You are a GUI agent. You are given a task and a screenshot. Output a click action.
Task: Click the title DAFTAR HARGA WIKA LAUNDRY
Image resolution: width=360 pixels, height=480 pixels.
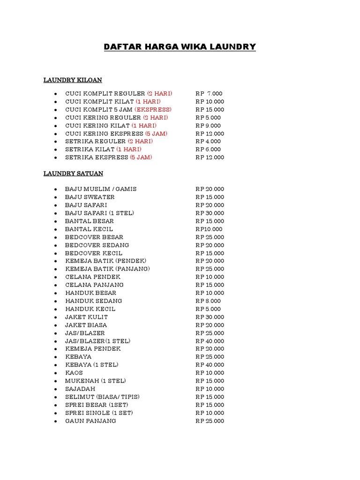(x=180, y=47)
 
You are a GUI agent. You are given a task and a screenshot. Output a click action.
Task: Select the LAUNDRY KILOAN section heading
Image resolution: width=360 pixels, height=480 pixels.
(x=73, y=80)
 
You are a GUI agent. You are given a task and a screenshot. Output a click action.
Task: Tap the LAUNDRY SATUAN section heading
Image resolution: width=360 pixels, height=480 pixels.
(x=73, y=173)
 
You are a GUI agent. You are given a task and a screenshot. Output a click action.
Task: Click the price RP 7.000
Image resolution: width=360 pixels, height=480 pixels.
(x=209, y=94)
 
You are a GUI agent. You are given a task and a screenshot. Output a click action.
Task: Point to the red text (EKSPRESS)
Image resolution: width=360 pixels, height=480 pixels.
(x=153, y=110)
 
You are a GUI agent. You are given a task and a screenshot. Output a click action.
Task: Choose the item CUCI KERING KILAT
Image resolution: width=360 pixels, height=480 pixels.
(x=97, y=126)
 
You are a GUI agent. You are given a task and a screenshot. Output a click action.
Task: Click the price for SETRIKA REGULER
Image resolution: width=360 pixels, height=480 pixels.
(x=208, y=141)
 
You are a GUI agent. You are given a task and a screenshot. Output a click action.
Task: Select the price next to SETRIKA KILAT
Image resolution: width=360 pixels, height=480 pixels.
(x=208, y=150)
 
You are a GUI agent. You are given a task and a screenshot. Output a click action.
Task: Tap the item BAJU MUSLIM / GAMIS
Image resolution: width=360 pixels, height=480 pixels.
(x=101, y=189)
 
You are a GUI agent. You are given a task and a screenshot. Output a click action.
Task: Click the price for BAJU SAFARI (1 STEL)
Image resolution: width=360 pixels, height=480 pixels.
(x=210, y=213)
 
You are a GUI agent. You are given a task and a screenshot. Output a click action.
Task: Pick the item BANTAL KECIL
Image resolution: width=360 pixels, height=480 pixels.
(x=89, y=229)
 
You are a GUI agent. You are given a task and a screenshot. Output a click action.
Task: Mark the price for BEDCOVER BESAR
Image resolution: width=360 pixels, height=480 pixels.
(x=210, y=237)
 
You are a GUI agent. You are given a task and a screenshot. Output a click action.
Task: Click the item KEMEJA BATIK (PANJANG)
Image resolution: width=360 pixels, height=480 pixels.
(x=107, y=269)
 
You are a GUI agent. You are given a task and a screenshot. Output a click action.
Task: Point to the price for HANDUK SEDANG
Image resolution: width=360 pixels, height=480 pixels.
(x=208, y=301)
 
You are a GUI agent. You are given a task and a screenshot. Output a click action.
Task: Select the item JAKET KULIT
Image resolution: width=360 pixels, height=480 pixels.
(x=87, y=317)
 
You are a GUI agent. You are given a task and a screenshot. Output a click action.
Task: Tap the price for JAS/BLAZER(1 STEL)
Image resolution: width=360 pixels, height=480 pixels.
(x=210, y=341)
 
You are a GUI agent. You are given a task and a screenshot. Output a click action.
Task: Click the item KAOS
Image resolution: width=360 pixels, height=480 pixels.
(x=74, y=373)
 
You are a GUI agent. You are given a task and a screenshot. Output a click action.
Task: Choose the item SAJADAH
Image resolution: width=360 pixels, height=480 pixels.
(x=80, y=389)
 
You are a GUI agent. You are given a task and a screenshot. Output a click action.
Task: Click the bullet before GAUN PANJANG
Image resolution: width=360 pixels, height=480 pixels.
(x=55, y=421)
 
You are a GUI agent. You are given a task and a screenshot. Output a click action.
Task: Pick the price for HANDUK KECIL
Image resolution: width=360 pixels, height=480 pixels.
(x=208, y=309)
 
